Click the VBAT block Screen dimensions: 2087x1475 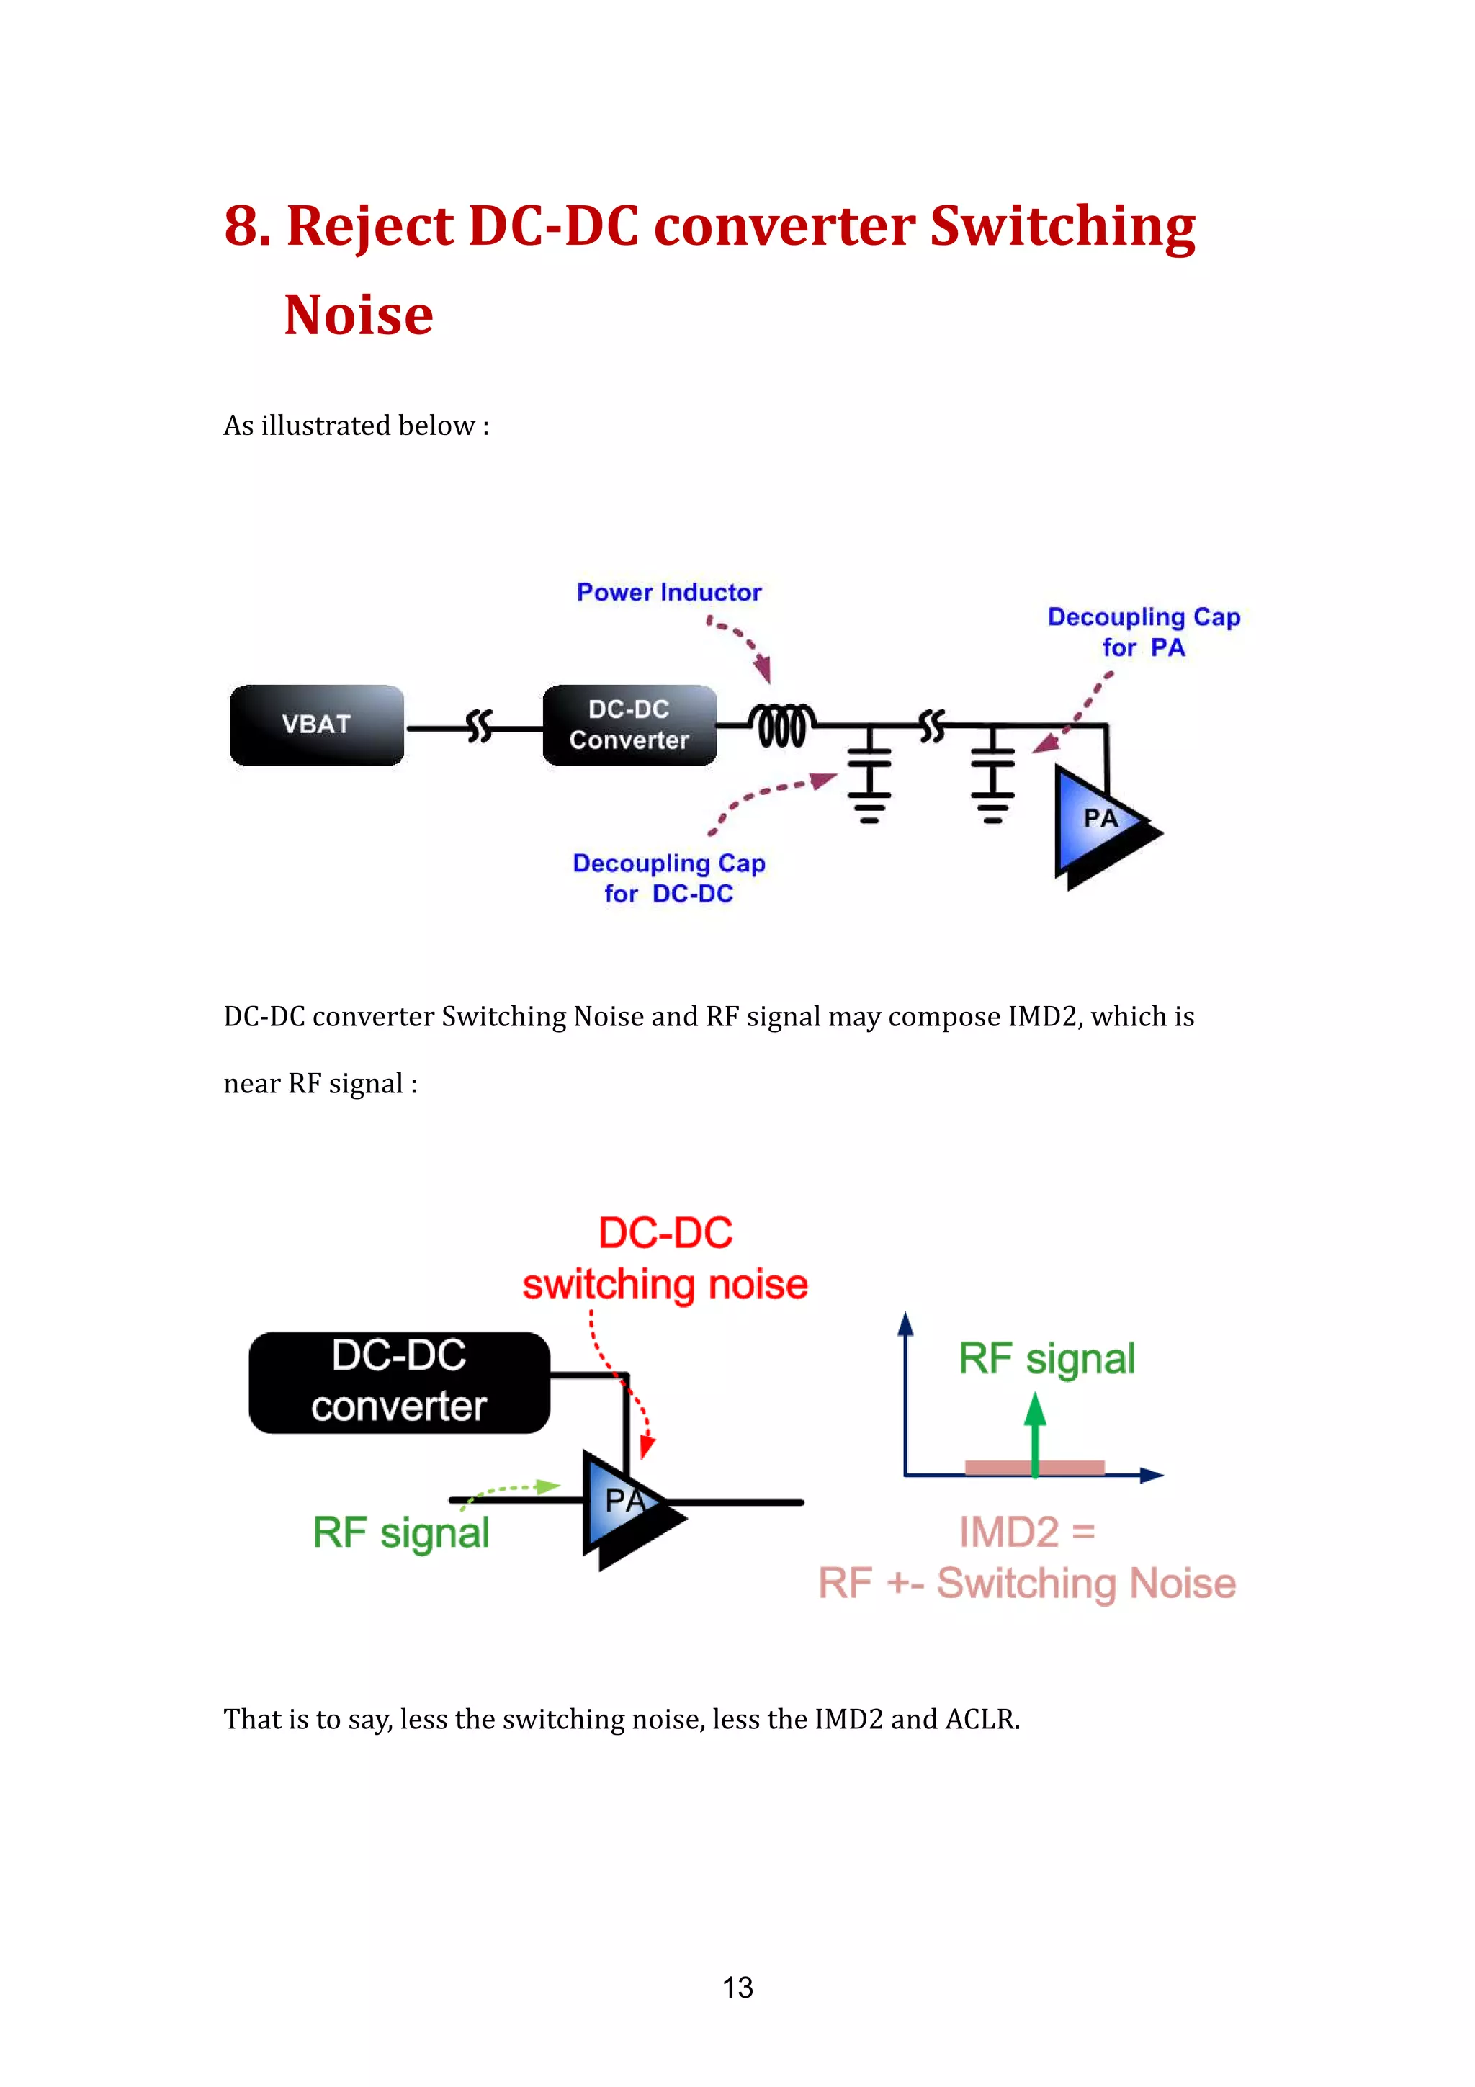[x=316, y=724]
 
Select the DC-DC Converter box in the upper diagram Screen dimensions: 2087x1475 [x=629, y=724]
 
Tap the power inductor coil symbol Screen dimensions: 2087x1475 [x=781, y=725]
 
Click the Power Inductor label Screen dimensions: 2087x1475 [x=669, y=593]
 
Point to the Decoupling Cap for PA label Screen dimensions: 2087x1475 [x=1143, y=632]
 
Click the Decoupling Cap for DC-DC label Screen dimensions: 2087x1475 [x=669, y=878]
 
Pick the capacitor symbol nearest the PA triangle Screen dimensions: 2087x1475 [x=992, y=773]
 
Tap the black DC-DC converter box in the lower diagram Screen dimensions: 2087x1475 [x=399, y=1382]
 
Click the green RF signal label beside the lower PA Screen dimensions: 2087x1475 [x=400, y=1532]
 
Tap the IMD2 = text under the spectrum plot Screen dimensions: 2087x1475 [x=1027, y=1532]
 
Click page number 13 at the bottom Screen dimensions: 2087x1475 [x=737, y=1987]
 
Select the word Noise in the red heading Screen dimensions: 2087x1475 [x=359, y=315]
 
